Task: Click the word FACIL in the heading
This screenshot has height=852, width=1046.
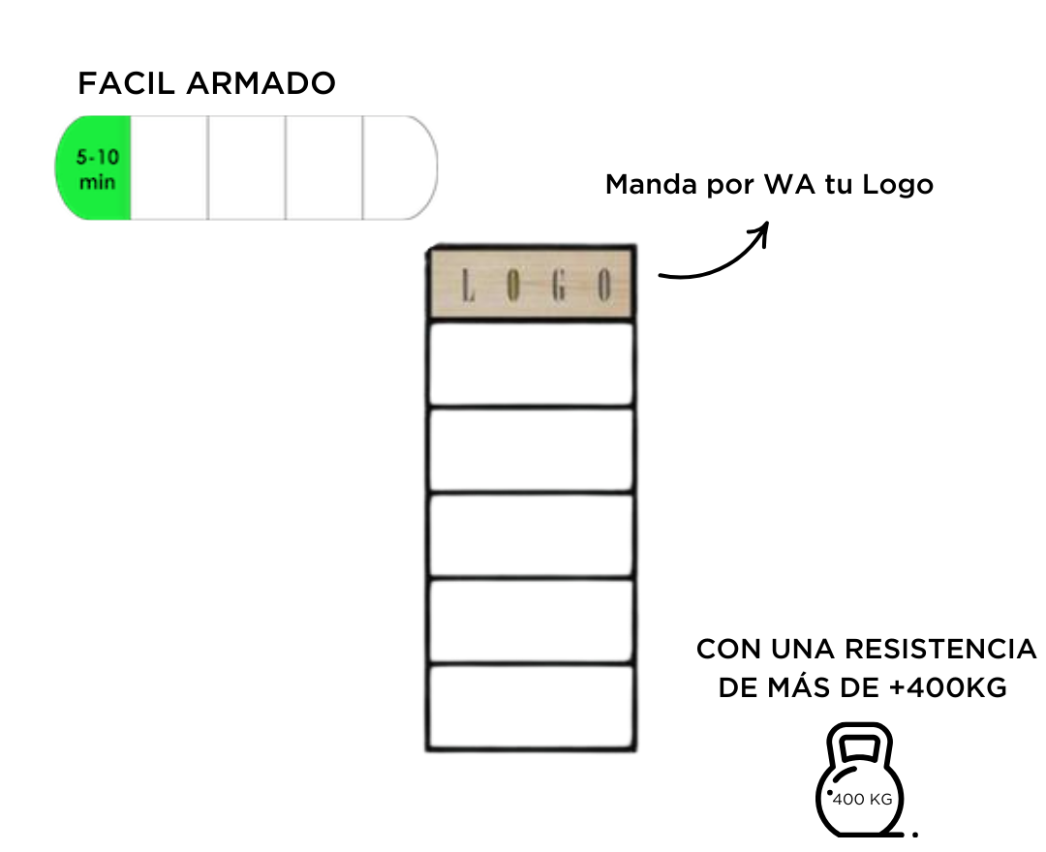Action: pyautogui.click(x=126, y=83)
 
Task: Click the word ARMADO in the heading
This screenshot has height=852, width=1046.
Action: pyautogui.click(x=261, y=83)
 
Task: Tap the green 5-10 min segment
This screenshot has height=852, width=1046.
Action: pyautogui.click(x=93, y=168)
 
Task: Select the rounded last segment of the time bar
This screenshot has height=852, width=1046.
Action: pyautogui.click(x=400, y=168)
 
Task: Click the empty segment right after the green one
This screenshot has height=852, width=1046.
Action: pyautogui.click(x=169, y=168)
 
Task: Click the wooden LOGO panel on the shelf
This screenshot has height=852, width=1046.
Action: pyautogui.click(x=531, y=283)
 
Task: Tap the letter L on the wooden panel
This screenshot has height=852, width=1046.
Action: pyautogui.click(x=469, y=286)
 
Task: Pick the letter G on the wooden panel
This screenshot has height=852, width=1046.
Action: pyautogui.click(x=559, y=286)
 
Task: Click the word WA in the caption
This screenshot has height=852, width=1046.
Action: pyautogui.click(x=790, y=185)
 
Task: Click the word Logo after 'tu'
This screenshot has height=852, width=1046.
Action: pyautogui.click(x=897, y=185)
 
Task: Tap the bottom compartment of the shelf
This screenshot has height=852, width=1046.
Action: pyautogui.click(x=531, y=707)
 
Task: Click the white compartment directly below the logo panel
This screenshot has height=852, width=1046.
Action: pyautogui.click(x=531, y=364)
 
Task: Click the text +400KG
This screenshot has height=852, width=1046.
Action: pyautogui.click(x=948, y=687)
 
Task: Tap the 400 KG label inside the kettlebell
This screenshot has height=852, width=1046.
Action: pyautogui.click(x=863, y=800)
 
